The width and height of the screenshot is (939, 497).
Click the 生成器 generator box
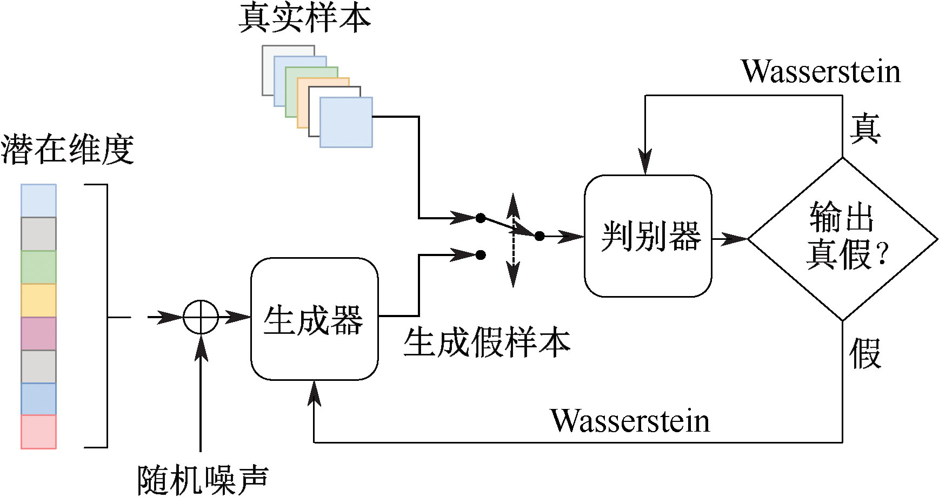point(314,319)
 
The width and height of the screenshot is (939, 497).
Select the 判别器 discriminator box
point(648,236)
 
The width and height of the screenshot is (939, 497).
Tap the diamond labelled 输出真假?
point(842,238)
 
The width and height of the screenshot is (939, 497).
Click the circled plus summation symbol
point(201,317)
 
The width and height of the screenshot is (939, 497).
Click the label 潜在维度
point(67,149)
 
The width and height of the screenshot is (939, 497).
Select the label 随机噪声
point(203,480)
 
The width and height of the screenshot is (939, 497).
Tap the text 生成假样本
point(487,342)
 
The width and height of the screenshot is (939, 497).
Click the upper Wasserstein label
point(821,71)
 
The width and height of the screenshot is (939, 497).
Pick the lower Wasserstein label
point(630,421)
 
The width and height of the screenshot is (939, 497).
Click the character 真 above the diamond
point(865,129)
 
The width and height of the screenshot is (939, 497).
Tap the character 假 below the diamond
point(865,354)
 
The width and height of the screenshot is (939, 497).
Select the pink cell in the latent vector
point(38,432)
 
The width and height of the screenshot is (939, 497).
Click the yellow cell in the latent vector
point(38,300)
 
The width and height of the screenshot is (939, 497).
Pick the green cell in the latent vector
point(38,267)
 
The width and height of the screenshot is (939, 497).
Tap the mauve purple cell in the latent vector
point(38,333)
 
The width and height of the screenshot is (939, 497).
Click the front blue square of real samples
point(346,122)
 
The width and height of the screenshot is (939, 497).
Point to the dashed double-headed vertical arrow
point(513,240)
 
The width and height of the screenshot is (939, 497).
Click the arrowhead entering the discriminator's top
point(645,162)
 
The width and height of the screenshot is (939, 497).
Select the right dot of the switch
point(540,236)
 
